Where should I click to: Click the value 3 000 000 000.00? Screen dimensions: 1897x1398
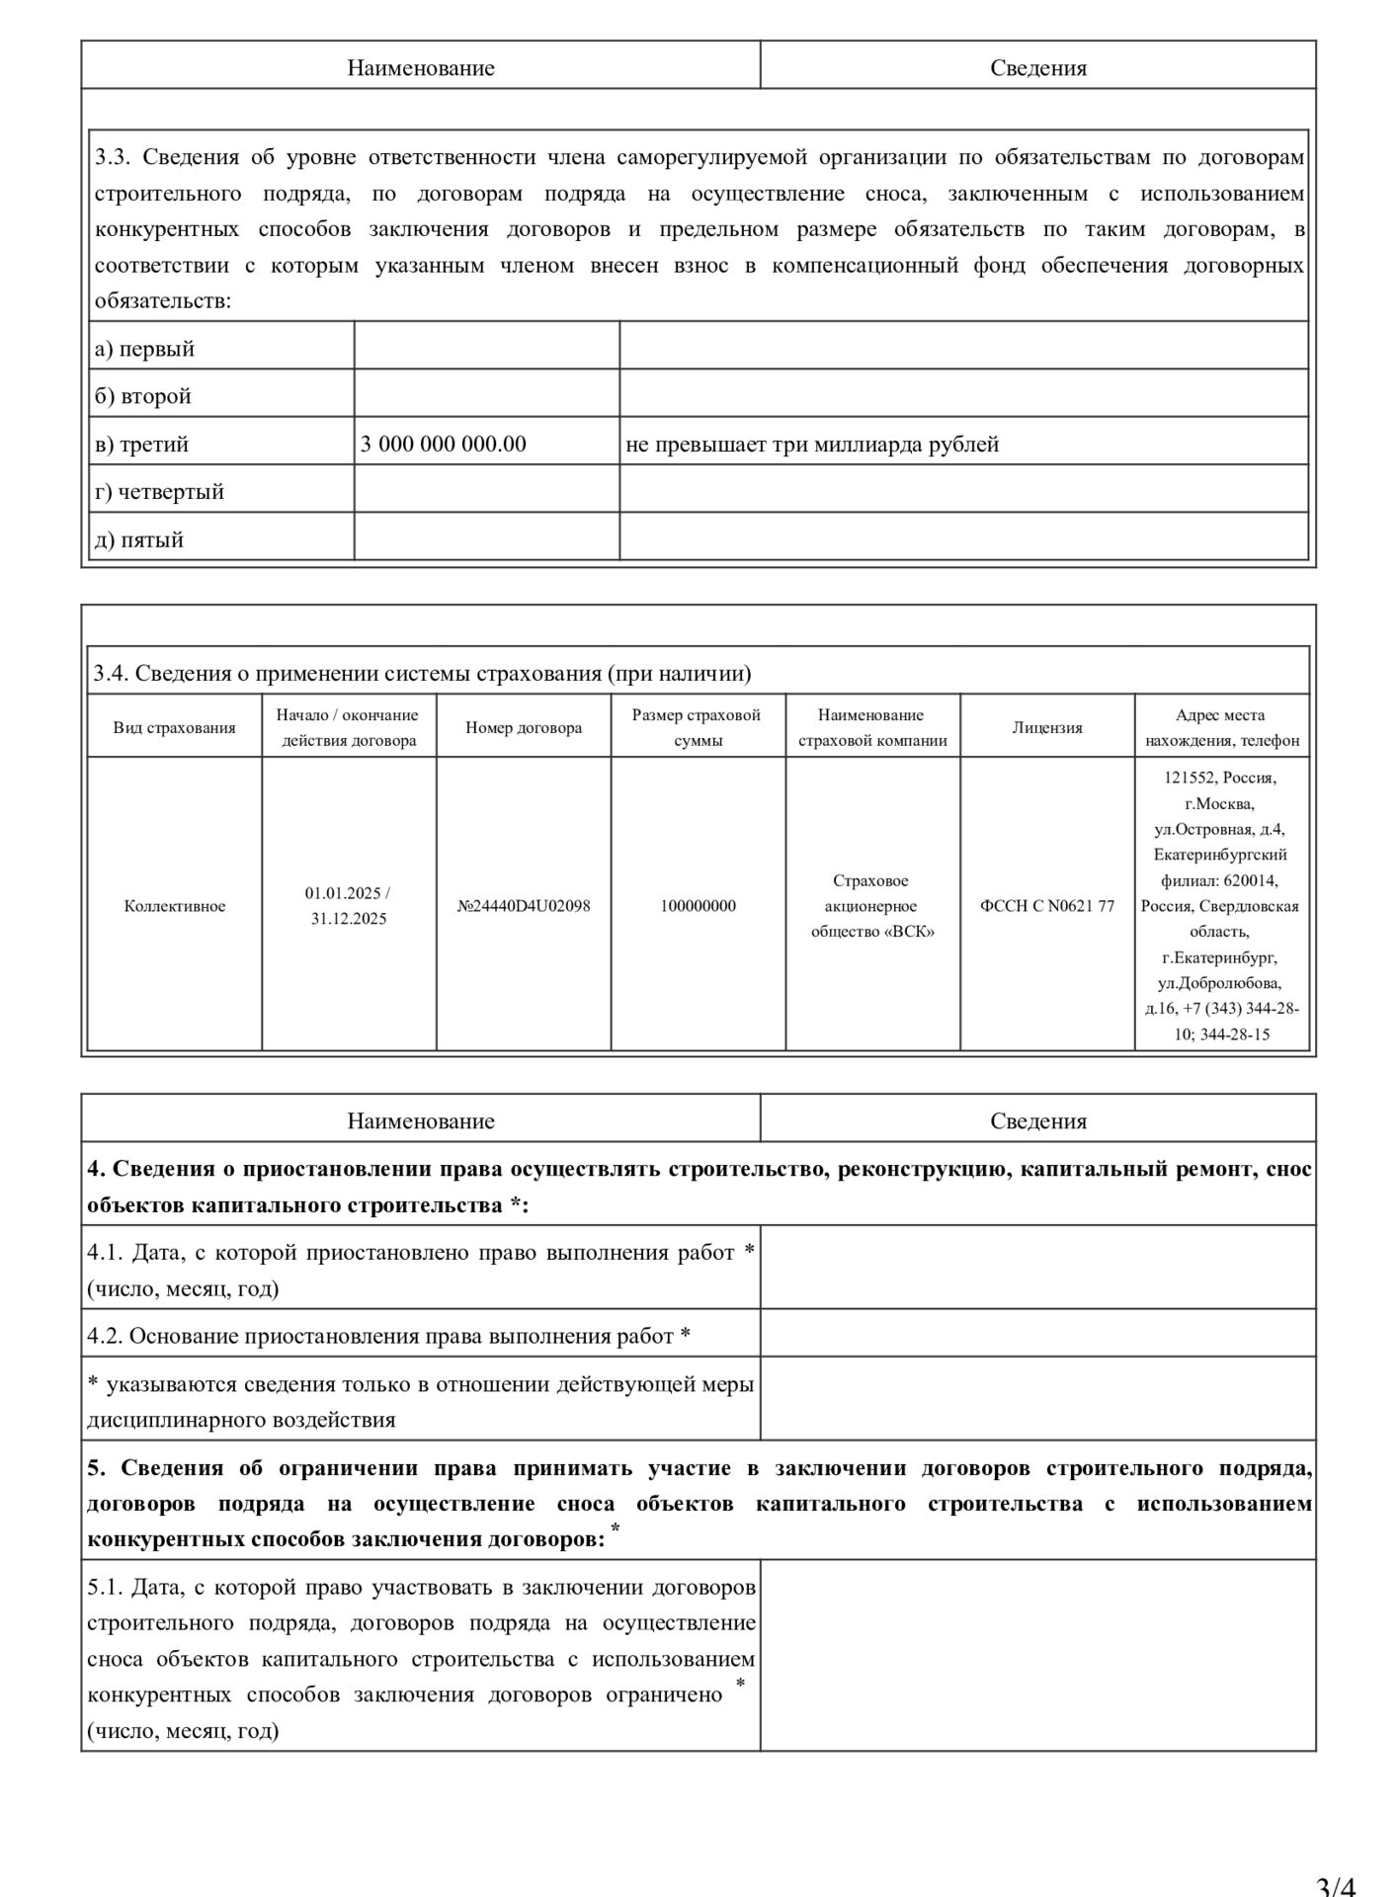(x=443, y=445)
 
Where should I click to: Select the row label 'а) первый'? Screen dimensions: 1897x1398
(x=144, y=349)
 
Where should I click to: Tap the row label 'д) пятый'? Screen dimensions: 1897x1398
(x=139, y=539)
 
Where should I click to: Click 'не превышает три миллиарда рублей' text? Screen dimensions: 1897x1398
(x=812, y=445)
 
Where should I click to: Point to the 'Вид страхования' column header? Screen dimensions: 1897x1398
(x=174, y=728)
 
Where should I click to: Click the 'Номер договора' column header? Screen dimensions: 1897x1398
(x=524, y=728)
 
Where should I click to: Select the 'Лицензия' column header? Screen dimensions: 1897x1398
(x=1047, y=728)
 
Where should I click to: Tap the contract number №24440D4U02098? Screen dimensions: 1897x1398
(x=524, y=906)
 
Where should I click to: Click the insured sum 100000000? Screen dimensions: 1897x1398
(x=698, y=906)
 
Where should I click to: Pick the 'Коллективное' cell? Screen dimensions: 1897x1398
(x=174, y=906)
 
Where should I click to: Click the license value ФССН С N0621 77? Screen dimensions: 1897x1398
(x=1047, y=906)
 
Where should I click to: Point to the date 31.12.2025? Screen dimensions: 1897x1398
(x=348, y=919)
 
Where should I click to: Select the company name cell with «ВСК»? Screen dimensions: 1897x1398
(x=871, y=906)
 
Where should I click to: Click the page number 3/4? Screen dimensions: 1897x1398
(x=1336, y=1885)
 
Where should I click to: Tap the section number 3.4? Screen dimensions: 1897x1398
(x=111, y=674)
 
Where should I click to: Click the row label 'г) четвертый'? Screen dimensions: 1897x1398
(x=159, y=492)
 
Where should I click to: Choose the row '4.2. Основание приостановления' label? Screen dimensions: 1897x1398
(x=388, y=1336)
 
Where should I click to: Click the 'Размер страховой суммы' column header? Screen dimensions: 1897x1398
(x=697, y=728)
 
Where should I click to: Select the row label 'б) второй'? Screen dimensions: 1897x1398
(x=142, y=396)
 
